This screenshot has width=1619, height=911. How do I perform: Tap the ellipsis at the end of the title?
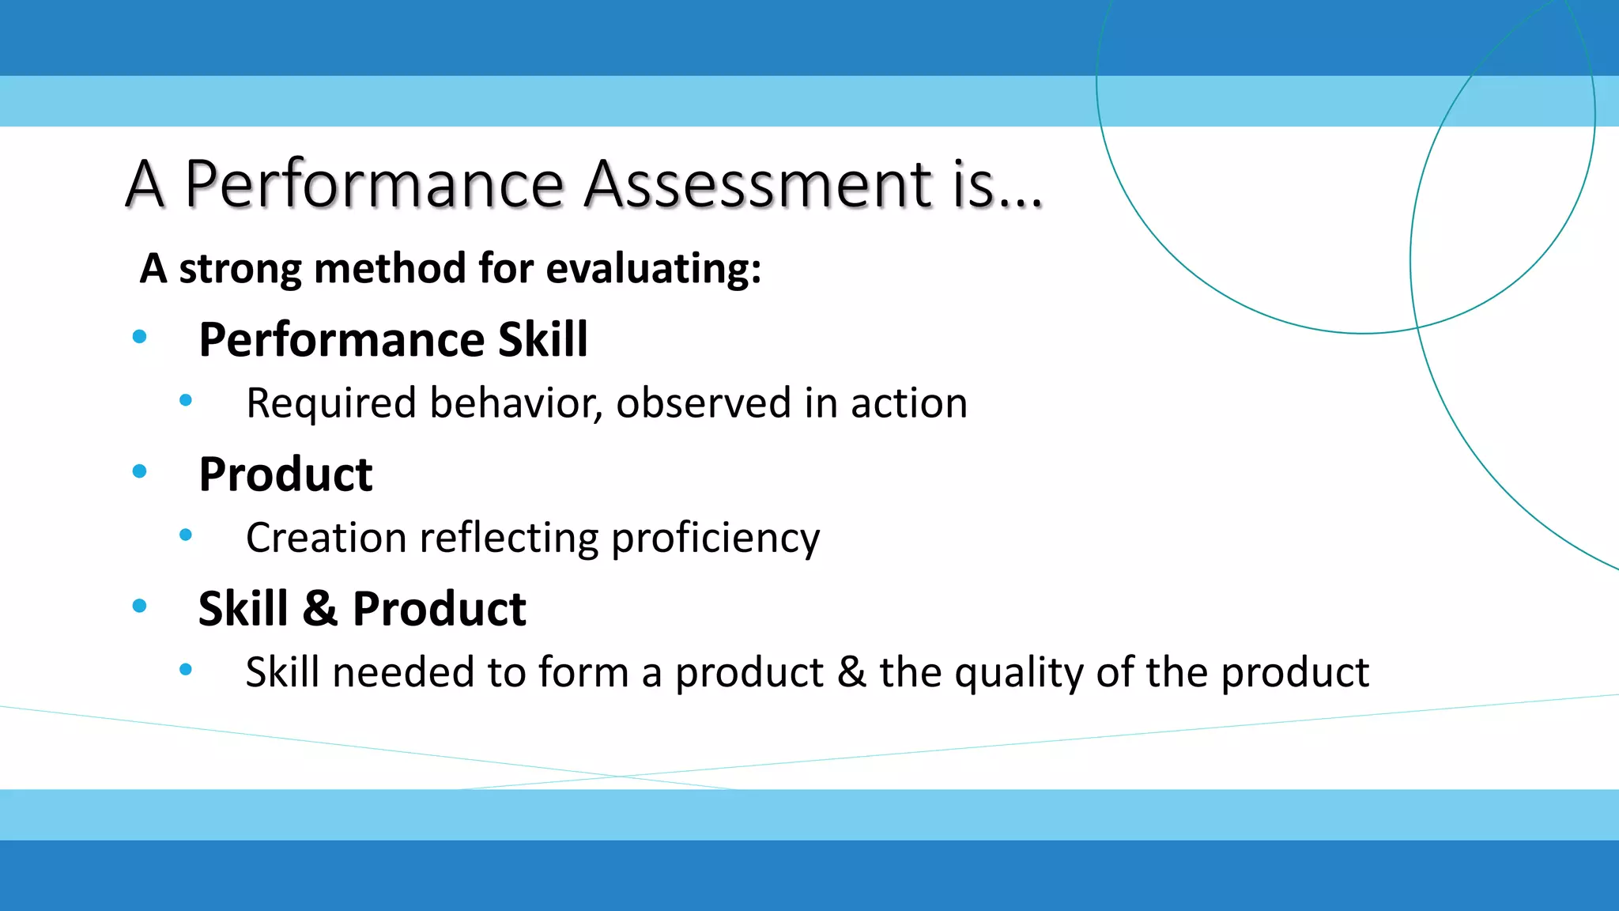click(1021, 203)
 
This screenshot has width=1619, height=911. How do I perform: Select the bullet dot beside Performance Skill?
click(140, 337)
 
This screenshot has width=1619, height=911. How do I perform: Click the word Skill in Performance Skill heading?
click(542, 339)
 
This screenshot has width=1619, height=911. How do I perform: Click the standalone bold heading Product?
click(285, 474)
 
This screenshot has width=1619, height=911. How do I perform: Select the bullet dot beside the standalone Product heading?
click(140, 472)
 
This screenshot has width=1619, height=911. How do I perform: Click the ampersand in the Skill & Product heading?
click(319, 609)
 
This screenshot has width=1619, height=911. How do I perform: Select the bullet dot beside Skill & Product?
click(140, 607)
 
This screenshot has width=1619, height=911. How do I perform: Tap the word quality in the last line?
click(1018, 674)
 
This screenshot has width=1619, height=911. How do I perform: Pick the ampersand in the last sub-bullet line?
click(851, 672)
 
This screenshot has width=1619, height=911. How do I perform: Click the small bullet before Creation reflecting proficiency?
click(186, 535)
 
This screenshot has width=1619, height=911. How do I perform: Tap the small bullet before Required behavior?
click(186, 401)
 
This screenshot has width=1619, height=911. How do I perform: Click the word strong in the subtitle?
click(240, 269)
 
